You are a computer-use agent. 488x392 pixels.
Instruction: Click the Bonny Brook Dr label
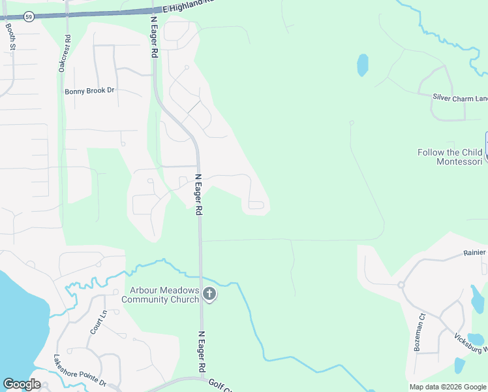click(x=89, y=91)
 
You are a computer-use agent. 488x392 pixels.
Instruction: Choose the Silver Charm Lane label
click(x=460, y=97)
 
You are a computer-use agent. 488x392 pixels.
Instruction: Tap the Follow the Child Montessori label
click(x=450, y=157)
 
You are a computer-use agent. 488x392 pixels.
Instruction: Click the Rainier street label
click(x=475, y=253)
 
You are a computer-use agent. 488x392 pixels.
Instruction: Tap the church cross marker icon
click(x=209, y=295)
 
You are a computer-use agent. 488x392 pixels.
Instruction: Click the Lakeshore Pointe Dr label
click(x=79, y=370)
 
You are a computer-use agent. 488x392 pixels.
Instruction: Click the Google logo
click(x=22, y=384)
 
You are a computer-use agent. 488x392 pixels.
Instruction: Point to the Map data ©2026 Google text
click(x=448, y=387)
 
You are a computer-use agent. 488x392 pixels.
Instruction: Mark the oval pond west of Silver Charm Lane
click(x=362, y=65)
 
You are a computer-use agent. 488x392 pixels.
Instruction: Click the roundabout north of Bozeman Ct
click(x=401, y=285)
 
